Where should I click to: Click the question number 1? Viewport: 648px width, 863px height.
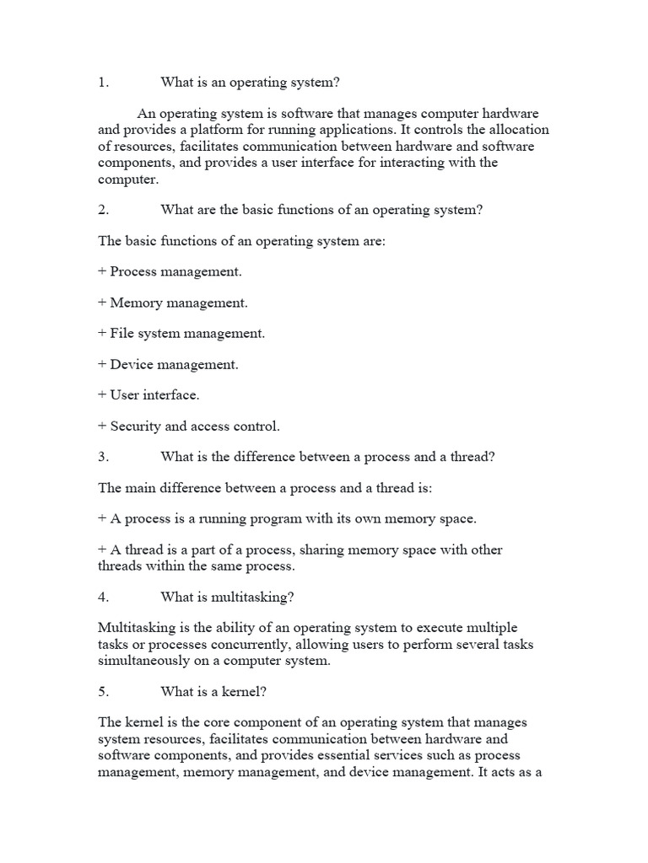tap(103, 83)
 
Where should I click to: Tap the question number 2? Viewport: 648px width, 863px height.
tap(103, 210)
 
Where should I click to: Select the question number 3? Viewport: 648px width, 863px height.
tap(103, 457)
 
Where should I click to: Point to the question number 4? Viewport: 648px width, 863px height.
tap(103, 597)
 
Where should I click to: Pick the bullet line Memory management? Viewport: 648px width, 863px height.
tap(173, 303)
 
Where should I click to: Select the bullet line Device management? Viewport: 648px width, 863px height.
tap(168, 364)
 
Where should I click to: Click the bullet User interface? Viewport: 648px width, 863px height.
tap(148, 394)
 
